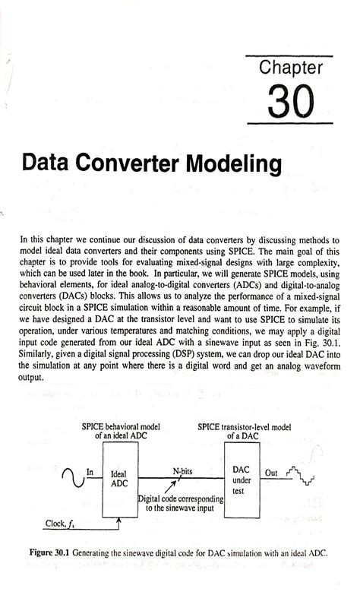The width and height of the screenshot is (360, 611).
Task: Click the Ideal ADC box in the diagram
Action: click(x=122, y=479)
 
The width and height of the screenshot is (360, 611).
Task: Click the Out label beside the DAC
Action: click(x=270, y=471)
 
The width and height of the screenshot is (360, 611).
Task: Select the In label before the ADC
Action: click(x=90, y=471)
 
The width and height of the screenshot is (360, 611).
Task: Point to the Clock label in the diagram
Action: click(x=56, y=524)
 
